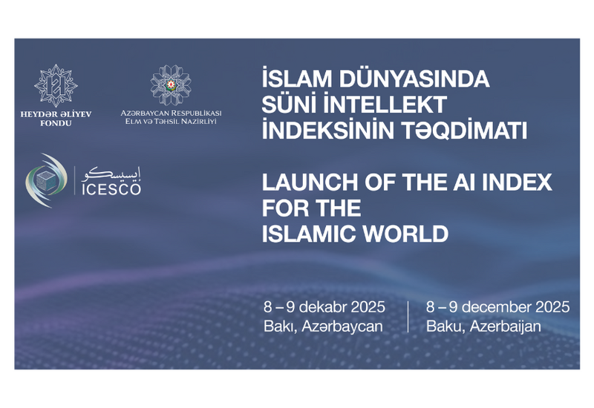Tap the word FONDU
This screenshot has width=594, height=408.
point(56,123)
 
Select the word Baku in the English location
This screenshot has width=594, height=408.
point(443,325)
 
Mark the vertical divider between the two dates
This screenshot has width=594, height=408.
point(408,315)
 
